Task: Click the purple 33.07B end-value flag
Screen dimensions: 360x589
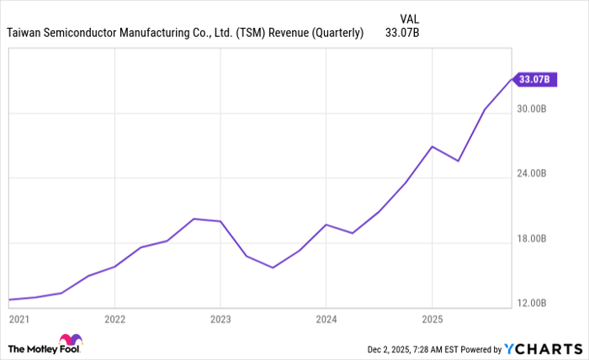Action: click(x=534, y=80)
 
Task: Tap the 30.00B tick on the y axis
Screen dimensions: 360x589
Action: click(x=532, y=109)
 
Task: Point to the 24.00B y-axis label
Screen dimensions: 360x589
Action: click(x=532, y=174)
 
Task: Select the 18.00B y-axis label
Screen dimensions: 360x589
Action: click(x=532, y=239)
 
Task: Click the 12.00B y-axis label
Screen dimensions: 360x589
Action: click(x=532, y=304)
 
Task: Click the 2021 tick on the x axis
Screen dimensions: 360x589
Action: click(x=19, y=320)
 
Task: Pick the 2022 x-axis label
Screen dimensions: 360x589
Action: click(x=114, y=320)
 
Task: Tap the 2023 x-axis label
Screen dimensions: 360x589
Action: click(x=220, y=320)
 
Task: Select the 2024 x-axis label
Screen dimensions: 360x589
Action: click(x=326, y=320)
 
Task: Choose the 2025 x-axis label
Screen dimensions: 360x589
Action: click(x=431, y=320)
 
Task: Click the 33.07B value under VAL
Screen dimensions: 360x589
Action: click(x=402, y=34)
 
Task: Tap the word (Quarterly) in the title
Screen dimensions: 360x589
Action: click(x=336, y=34)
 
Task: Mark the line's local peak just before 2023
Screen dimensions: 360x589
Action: click(x=194, y=219)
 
